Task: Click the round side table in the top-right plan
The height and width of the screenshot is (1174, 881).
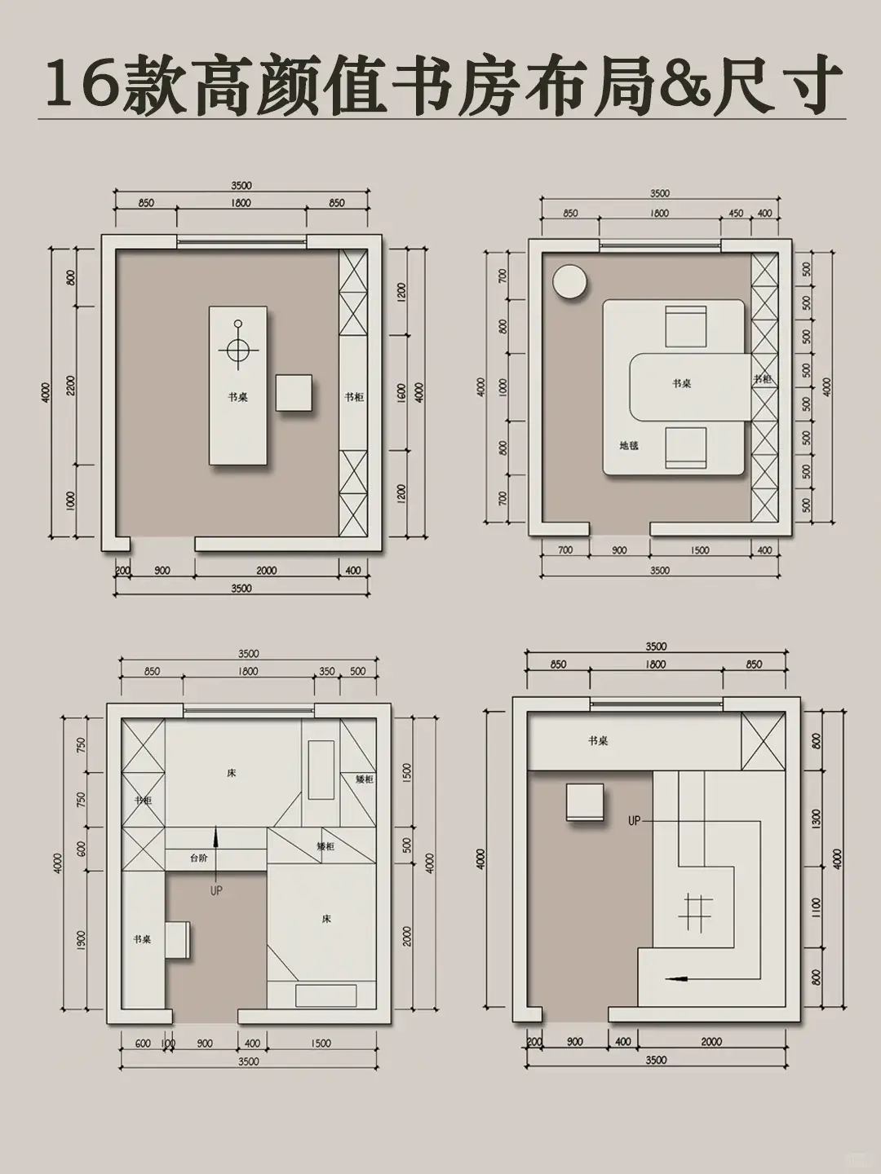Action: (570, 283)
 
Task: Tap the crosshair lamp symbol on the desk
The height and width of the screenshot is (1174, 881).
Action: (237, 350)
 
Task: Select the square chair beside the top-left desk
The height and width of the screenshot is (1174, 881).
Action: (294, 393)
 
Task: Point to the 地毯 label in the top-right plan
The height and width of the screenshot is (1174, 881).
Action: (629, 446)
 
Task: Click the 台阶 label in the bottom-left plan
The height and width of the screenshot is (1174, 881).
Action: (199, 858)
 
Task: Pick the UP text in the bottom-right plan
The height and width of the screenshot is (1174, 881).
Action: (634, 821)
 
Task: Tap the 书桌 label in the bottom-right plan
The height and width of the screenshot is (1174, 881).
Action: (598, 741)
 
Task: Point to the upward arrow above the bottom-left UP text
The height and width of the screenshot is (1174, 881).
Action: (215, 840)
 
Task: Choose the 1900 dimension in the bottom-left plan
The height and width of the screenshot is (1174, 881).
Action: (80, 939)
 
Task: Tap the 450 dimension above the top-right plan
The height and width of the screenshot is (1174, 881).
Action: (736, 214)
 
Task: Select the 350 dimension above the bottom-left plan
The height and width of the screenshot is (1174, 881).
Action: (327, 672)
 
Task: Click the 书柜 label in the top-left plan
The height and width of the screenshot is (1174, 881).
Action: (353, 397)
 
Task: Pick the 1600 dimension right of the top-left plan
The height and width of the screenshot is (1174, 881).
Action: (401, 392)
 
